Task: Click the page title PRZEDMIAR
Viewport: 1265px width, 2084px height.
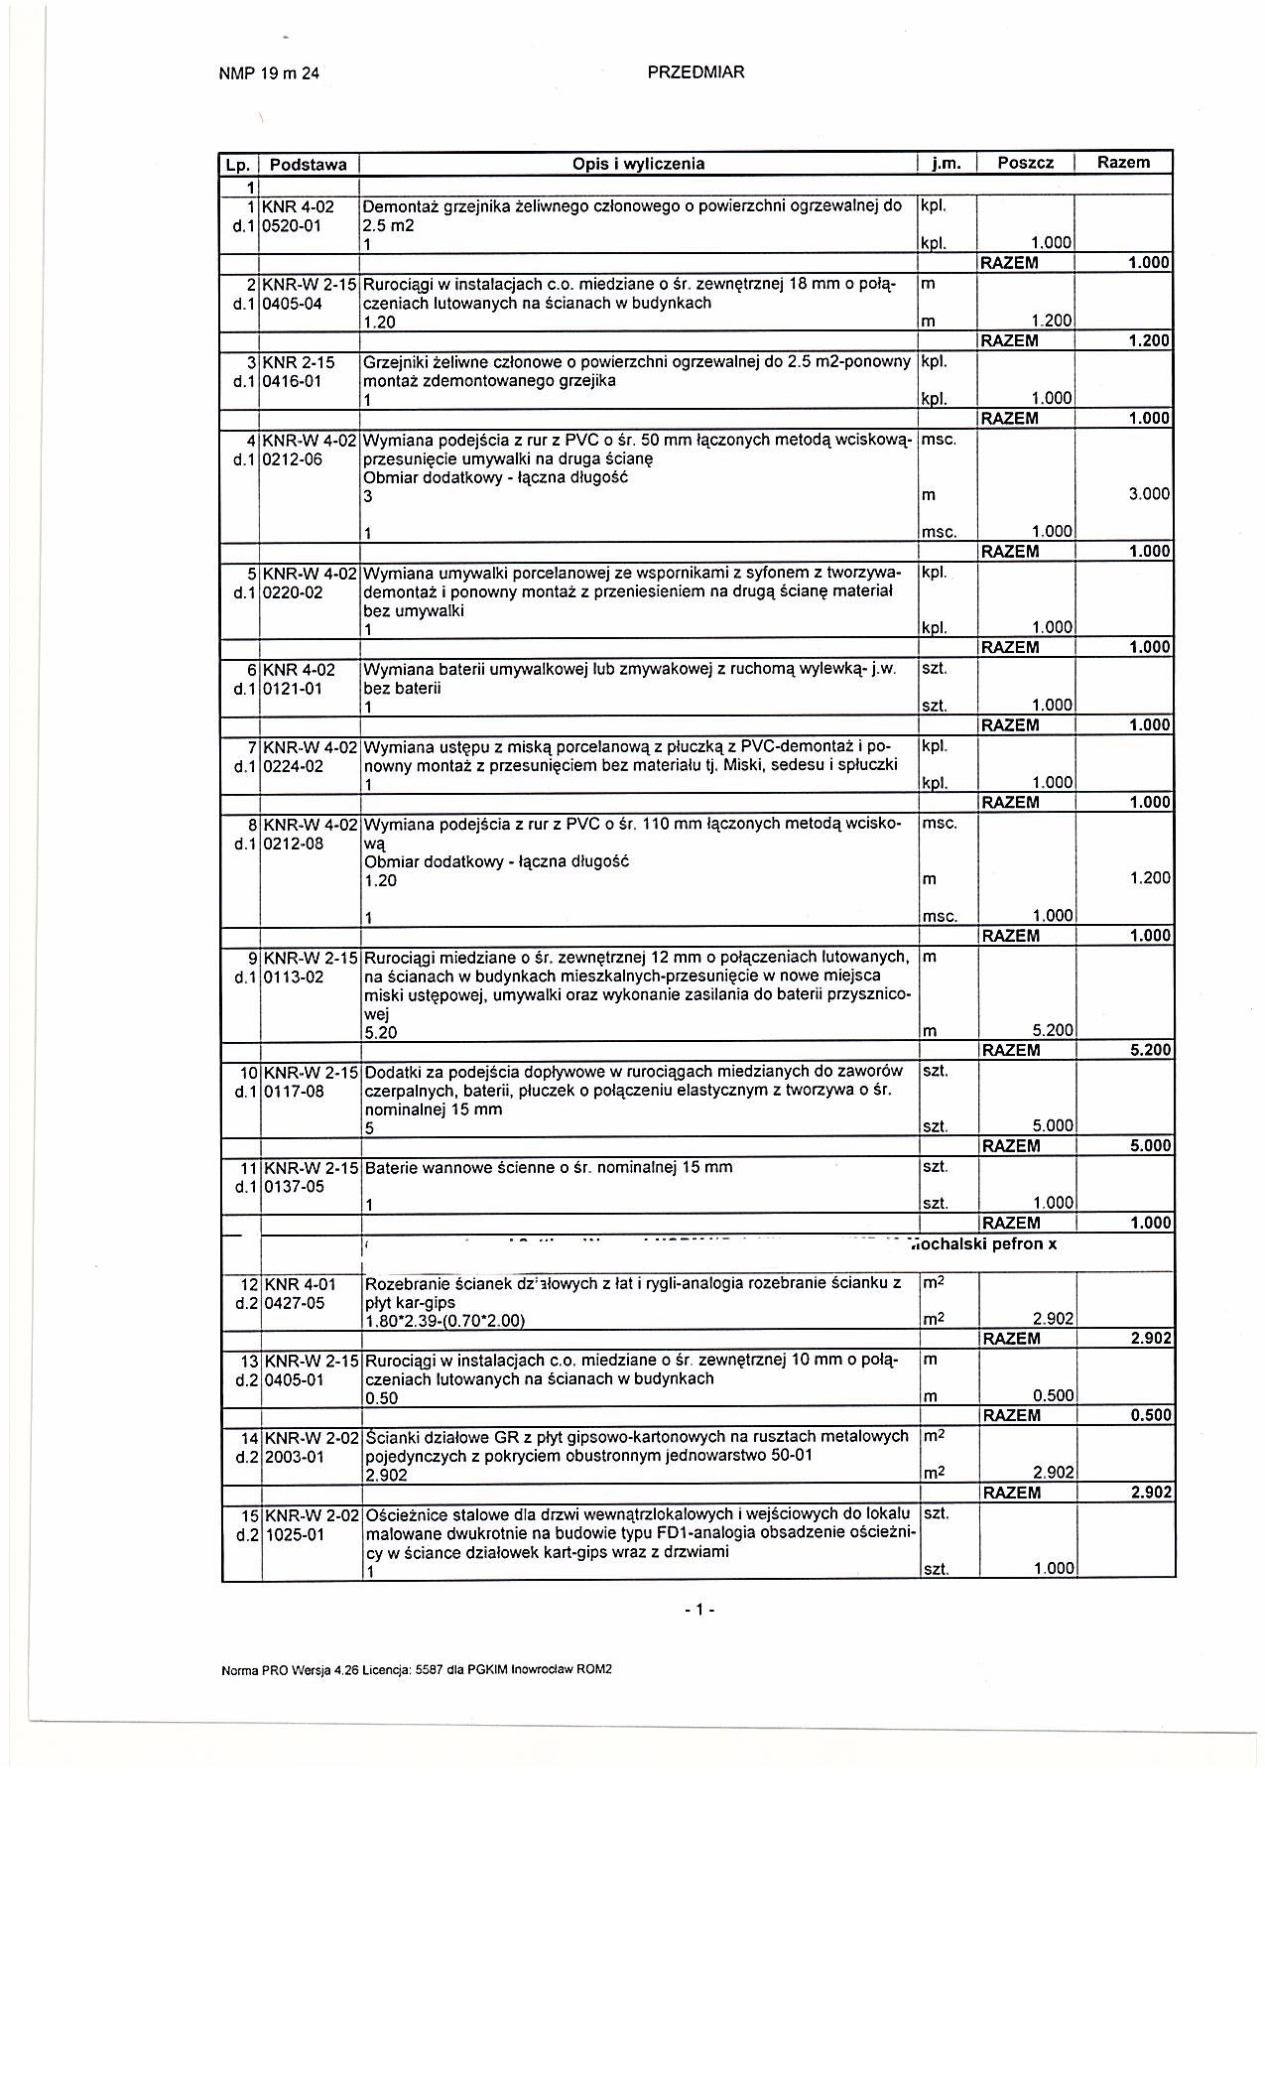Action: pos(696,71)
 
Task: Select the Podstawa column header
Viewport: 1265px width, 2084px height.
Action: pos(308,164)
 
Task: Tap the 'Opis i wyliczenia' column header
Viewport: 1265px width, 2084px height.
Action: pos(638,164)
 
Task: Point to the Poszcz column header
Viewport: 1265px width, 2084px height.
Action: pos(1025,163)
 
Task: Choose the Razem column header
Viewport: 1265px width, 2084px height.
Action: pos(1123,162)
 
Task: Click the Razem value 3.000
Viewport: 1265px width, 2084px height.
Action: pos(1149,494)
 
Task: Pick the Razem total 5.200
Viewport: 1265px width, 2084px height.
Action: pos(1150,1050)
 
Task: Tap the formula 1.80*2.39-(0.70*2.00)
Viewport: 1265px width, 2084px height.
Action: pos(444,1320)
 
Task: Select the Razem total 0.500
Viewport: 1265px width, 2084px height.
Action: pos(1150,1415)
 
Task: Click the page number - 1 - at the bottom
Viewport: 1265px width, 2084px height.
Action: pos(698,1610)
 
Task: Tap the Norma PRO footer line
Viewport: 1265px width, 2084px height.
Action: pos(417,1669)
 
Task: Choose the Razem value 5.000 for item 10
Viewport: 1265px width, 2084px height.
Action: pos(1150,1145)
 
